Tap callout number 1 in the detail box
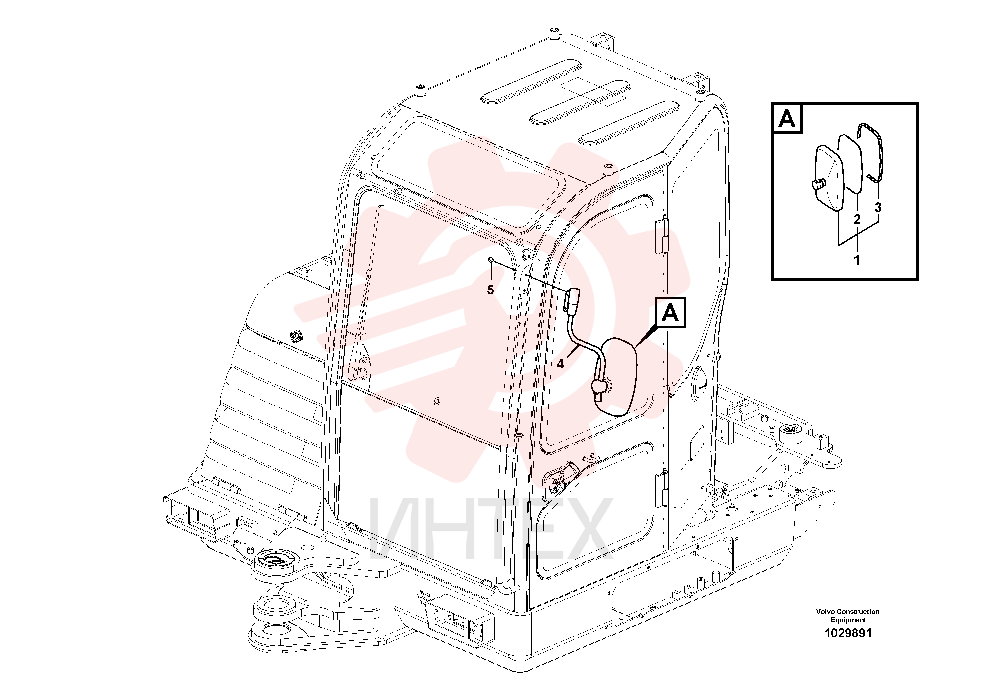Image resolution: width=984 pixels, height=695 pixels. [x=857, y=260]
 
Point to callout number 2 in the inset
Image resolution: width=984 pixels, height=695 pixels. [x=857, y=219]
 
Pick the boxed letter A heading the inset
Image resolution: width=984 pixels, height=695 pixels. [x=787, y=119]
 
